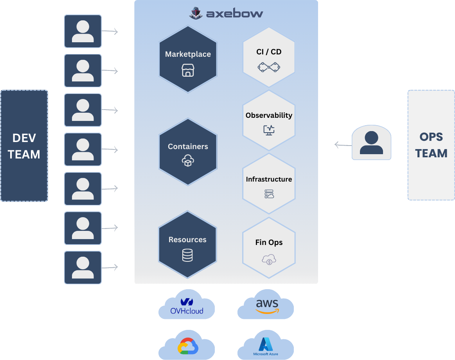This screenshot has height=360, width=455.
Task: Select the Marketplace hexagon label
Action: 188,54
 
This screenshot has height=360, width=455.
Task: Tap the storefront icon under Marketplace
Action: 188,71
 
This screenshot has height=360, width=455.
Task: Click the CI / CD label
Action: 269,52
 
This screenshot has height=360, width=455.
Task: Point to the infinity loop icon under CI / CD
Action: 269,67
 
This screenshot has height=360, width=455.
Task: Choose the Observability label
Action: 269,115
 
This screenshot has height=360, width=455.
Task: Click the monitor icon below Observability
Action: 269,130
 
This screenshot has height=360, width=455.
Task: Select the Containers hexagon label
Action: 188,146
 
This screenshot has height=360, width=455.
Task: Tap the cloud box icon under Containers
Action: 188,161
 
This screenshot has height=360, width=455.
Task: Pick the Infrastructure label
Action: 269,179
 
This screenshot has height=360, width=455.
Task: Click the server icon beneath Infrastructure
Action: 269,194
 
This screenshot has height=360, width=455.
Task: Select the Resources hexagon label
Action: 187,239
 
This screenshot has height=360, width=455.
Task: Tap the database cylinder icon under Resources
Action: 187,256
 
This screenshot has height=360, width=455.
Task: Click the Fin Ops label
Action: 269,243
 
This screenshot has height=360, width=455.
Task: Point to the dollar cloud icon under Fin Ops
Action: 269,259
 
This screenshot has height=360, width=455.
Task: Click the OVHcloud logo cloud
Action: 187,306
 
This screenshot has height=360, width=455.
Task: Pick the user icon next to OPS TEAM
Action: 371,143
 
